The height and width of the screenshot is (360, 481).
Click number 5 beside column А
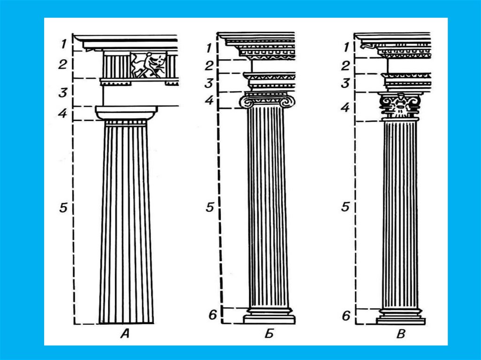[64, 207]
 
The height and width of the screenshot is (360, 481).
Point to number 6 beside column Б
[212, 314]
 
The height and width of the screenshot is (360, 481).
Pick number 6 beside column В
[346, 315]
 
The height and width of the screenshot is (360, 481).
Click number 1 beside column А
[62, 45]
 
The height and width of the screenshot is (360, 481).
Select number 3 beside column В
[346, 84]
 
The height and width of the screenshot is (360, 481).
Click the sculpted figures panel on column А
[148, 65]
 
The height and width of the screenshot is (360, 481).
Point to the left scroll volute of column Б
[246, 101]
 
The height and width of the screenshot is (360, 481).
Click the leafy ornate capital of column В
[400, 106]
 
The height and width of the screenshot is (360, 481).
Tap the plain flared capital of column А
[126, 112]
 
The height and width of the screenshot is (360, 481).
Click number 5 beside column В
[345, 207]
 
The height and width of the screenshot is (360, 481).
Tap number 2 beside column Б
[209, 65]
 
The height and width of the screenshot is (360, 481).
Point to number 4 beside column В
[346, 107]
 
